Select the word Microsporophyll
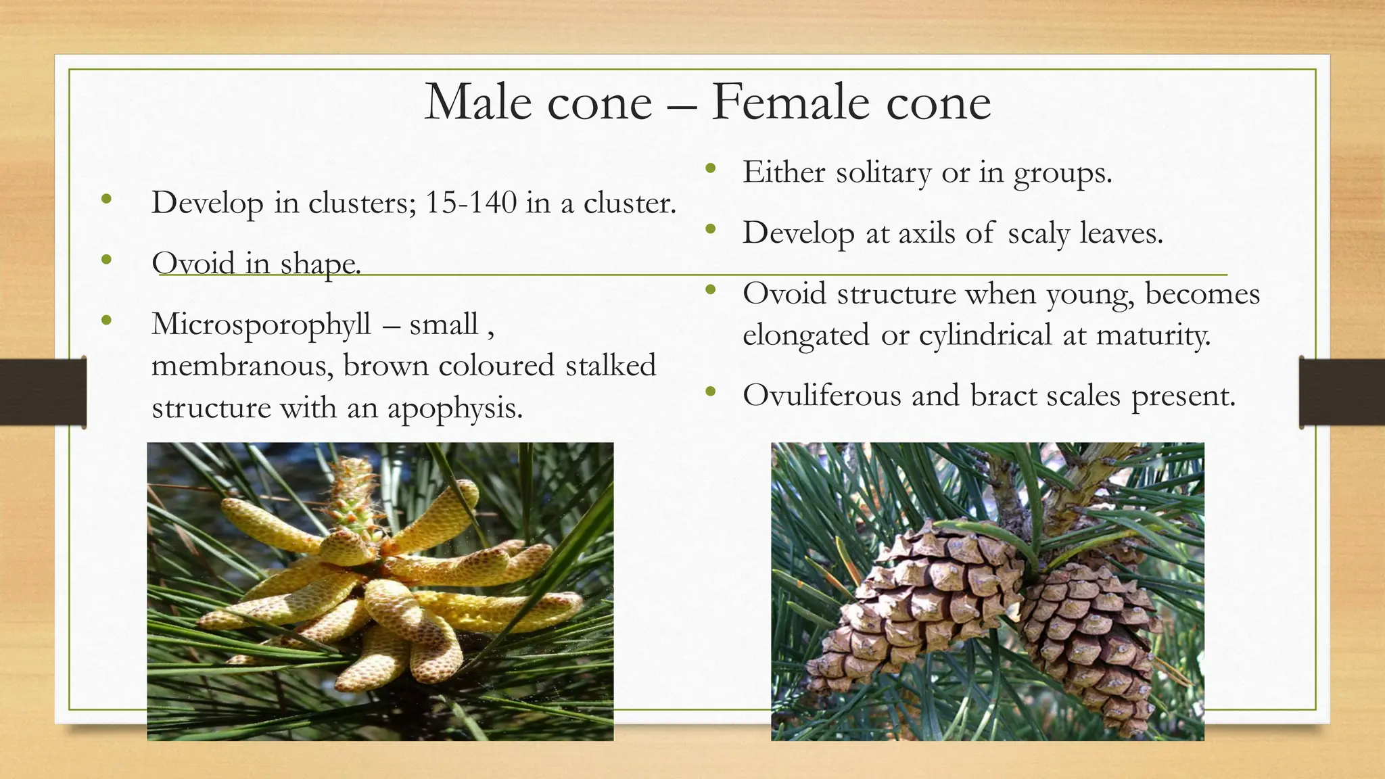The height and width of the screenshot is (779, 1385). coord(261,324)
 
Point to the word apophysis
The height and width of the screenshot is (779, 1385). coord(454,408)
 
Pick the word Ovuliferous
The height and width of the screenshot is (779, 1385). coord(822,396)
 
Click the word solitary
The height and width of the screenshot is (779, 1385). coord(883,173)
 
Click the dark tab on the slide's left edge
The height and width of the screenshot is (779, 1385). coord(43,392)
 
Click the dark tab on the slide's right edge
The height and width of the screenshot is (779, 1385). coord(1342,392)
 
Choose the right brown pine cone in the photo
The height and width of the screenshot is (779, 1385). coord(1089,642)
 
